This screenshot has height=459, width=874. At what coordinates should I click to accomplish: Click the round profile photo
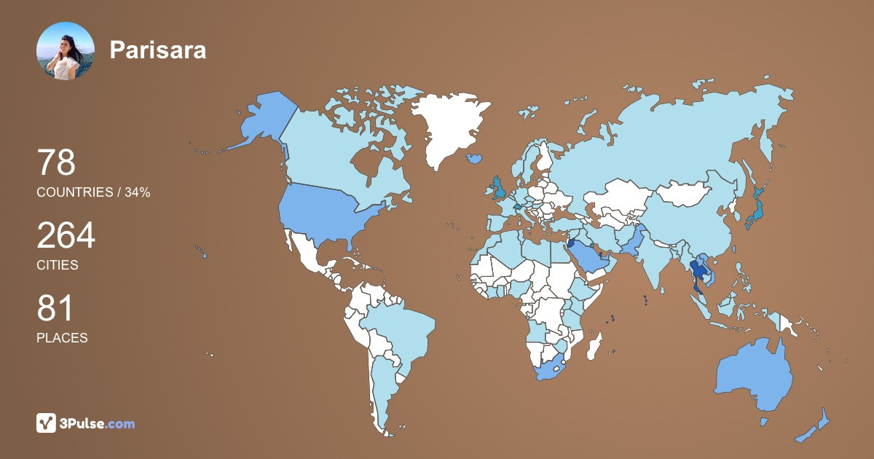click(x=66, y=51)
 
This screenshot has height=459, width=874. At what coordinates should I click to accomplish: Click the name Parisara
click(x=157, y=50)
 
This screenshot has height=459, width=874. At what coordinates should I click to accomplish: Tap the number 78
click(x=56, y=162)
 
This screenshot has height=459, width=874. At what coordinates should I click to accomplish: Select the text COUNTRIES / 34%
click(x=93, y=192)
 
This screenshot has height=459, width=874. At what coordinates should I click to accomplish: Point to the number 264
click(x=66, y=235)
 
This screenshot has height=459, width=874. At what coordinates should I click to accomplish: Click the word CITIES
click(x=58, y=265)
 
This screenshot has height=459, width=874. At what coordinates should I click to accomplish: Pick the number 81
click(x=55, y=308)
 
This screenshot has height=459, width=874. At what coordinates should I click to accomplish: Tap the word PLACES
click(x=62, y=338)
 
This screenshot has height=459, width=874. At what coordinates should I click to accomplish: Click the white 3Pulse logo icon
click(x=47, y=423)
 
